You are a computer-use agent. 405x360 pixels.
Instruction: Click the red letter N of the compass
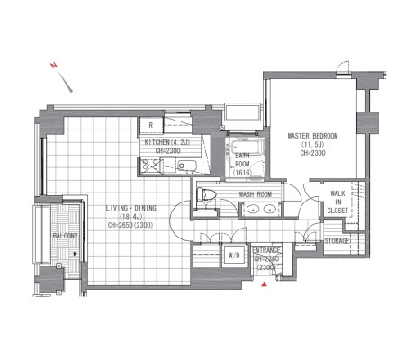click(x=54, y=65)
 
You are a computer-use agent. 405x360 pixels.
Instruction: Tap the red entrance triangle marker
click(x=264, y=283)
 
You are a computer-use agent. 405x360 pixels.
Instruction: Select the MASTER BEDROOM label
click(x=312, y=136)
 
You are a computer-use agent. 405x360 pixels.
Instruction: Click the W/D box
click(x=234, y=256)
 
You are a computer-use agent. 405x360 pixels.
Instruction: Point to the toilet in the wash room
click(x=206, y=194)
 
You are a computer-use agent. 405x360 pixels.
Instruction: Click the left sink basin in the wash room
click(x=254, y=209)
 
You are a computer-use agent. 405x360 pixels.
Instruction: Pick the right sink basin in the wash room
click(x=269, y=209)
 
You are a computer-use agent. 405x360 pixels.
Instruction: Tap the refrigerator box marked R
click(x=151, y=125)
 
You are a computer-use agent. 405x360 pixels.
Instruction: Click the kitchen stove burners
click(x=151, y=165)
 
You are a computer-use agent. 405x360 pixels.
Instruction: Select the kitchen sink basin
click(x=186, y=166)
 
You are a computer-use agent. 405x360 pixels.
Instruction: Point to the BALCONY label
click(x=65, y=236)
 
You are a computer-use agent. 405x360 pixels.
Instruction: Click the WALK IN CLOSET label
click(x=337, y=202)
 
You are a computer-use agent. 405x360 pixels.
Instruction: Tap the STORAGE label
click(x=337, y=241)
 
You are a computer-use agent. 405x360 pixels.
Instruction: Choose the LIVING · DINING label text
click(x=131, y=208)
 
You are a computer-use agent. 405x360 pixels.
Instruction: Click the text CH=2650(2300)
click(x=130, y=225)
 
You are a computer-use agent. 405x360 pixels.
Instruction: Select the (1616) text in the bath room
click(x=242, y=173)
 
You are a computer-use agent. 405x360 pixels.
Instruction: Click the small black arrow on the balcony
click(x=76, y=254)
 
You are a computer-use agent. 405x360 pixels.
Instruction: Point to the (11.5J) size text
click(x=313, y=145)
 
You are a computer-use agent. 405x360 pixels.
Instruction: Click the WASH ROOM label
click(x=256, y=194)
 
